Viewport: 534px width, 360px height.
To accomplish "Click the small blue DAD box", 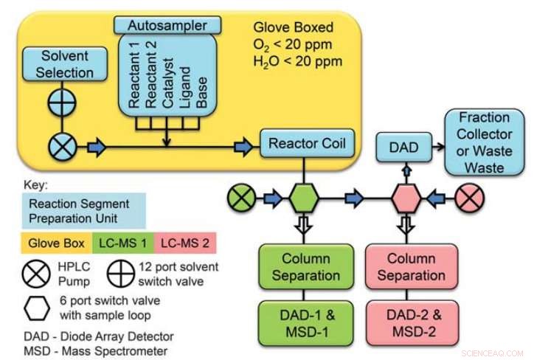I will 403,147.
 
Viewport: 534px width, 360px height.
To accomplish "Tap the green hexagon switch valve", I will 303,198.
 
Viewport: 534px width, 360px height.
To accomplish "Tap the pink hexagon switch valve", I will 404,198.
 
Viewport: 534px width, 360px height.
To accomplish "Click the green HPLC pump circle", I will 242,198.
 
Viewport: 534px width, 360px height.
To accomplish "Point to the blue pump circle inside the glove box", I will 64,147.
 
